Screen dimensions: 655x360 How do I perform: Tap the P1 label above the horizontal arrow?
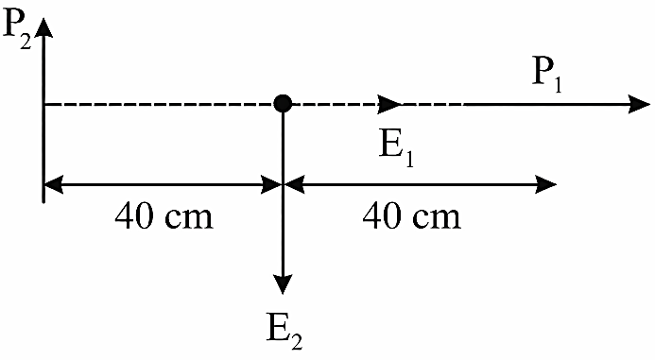547,76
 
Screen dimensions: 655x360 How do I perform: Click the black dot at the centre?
283,103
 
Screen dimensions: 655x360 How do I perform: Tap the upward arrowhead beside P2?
43,27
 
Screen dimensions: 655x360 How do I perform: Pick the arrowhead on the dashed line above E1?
389,104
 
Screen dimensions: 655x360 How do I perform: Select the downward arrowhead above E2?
284,284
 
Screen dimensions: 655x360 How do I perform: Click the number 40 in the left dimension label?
133,216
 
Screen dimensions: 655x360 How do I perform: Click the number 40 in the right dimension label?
381,216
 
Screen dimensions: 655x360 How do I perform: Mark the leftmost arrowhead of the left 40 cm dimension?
54,184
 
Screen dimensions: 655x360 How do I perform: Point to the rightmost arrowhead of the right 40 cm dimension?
546,184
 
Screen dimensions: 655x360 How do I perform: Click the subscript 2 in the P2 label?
26,42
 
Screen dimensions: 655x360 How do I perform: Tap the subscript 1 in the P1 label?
558,83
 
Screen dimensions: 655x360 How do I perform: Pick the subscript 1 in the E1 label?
409,159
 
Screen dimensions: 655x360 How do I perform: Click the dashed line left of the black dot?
159,104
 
